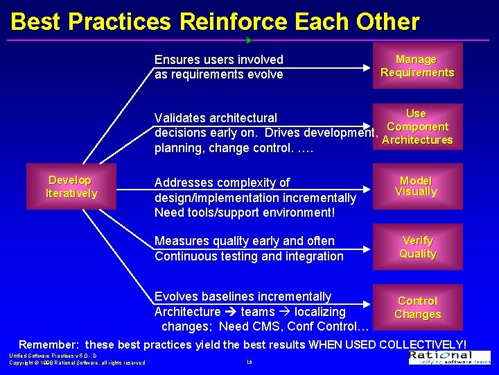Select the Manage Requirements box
(x=417, y=67)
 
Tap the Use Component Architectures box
(x=417, y=126)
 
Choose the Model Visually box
(x=416, y=186)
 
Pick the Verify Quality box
(x=417, y=247)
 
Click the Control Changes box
(x=417, y=307)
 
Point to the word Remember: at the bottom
(x=48, y=344)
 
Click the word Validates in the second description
(x=180, y=118)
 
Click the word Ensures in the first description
(x=176, y=60)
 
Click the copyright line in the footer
(x=76, y=362)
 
